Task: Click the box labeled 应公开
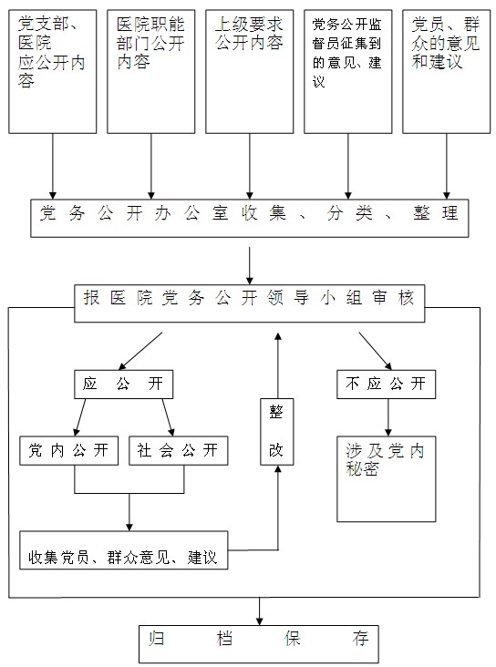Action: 123,385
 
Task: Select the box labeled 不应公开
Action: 387,385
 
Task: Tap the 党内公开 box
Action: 69,450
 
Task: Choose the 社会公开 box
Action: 179,450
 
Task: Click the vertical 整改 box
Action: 277,432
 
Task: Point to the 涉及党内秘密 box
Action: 387,479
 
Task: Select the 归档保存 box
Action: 259,643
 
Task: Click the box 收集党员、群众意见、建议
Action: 124,550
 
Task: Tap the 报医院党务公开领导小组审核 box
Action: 250,303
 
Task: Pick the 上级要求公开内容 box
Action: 250,72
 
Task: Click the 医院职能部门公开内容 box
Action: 151,72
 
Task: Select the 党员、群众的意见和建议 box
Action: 447,72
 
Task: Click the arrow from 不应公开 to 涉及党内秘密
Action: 387,417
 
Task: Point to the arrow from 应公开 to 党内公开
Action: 80,417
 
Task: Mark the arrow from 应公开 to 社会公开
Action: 168,417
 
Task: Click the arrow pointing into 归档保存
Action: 259,611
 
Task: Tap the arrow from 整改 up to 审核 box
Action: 278,365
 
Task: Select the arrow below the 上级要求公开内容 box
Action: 250,167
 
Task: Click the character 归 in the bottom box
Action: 157,639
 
